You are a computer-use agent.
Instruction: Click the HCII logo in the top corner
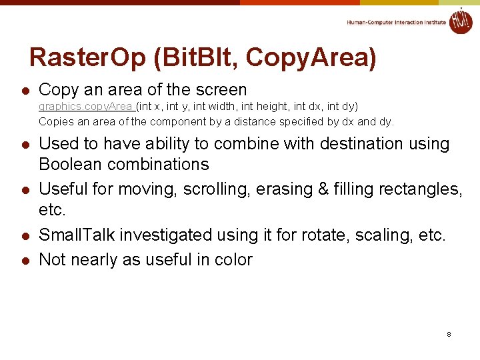click(460, 21)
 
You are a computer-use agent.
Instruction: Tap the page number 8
click(449, 333)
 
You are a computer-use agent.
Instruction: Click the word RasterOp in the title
click(88, 58)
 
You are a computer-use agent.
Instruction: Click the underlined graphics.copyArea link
click(86, 107)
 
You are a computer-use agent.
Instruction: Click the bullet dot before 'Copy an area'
click(24, 91)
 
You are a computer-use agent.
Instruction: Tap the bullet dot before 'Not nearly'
click(24, 261)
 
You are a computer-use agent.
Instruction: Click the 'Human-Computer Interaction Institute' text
click(396, 22)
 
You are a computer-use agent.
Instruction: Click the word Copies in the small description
click(55, 122)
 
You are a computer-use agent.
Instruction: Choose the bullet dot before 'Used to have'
click(24, 145)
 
